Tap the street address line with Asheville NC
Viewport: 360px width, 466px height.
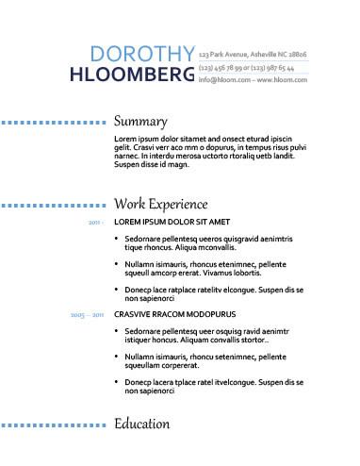tap(253, 55)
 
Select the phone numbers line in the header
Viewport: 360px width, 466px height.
tap(247, 68)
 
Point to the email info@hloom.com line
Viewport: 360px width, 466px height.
tap(253, 81)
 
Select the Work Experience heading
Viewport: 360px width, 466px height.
tap(173, 204)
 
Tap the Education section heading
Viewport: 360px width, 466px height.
tap(142, 424)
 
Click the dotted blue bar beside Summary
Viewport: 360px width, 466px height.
tap(52, 123)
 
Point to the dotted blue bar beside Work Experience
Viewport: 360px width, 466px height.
tap(52, 205)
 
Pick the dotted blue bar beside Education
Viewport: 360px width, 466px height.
tap(52, 425)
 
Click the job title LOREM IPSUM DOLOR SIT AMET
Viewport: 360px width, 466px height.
tap(172, 223)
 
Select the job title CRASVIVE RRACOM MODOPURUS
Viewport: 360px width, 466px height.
tap(174, 313)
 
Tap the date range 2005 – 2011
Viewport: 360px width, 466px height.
tap(87, 313)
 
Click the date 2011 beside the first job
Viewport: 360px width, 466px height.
tap(95, 223)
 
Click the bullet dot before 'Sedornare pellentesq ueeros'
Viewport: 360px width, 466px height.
tap(117, 240)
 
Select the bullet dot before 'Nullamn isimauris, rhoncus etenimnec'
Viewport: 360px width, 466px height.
tap(117, 265)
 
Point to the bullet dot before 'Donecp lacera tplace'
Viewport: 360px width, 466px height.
tap(117, 381)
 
